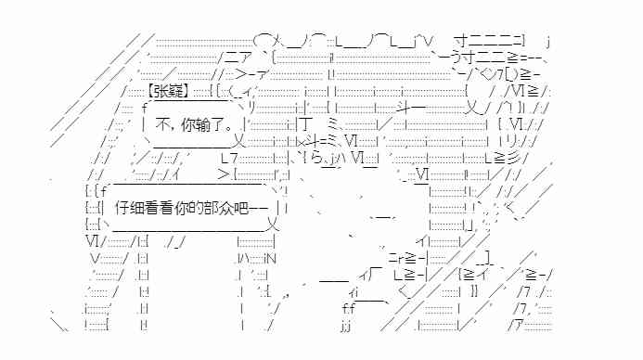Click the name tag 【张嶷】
tap(169, 90)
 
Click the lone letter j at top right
tap(548, 40)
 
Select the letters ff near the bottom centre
tap(348, 308)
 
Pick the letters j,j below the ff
tap(346, 326)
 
